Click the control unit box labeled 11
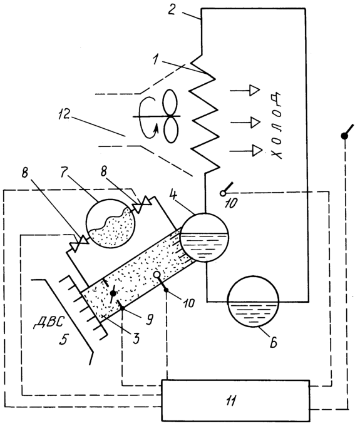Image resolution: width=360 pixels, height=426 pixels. (x=235, y=400)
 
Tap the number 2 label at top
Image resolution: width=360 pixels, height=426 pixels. (x=172, y=9)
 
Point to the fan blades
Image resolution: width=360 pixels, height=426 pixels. (x=170, y=116)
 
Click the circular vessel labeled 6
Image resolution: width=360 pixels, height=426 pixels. (x=254, y=302)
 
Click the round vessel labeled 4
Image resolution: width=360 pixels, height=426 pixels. (x=205, y=238)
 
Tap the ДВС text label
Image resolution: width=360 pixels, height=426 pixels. (x=48, y=322)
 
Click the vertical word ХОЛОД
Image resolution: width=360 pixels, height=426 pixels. (x=276, y=126)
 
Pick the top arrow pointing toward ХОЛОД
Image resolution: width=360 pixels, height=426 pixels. (x=245, y=90)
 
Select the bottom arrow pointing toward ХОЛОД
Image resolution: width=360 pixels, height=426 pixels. (x=246, y=151)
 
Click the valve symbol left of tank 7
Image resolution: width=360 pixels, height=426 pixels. (x=79, y=243)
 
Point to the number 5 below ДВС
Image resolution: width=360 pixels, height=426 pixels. (x=63, y=339)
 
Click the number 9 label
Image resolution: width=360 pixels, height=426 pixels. (x=149, y=320)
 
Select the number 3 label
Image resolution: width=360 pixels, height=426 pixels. (x=136, y=338)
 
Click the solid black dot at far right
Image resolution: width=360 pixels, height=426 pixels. (x=344, y=136)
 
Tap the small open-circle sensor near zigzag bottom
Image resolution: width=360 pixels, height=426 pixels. (x=223, y=193)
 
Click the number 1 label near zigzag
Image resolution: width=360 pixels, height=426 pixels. (x=155, y=59)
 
